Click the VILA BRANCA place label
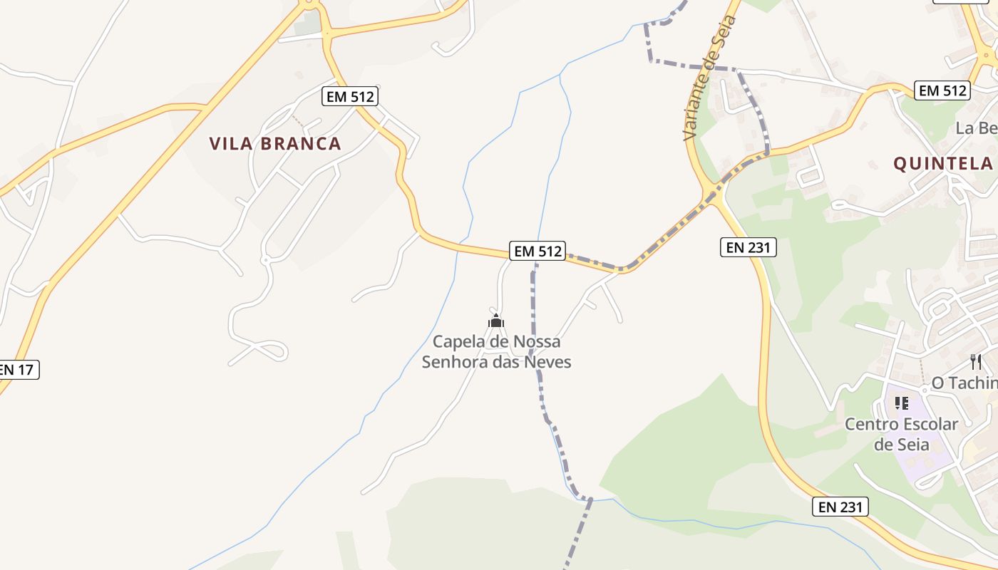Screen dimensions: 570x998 275,143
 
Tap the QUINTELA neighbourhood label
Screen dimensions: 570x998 943,164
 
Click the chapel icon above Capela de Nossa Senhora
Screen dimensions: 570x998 496,321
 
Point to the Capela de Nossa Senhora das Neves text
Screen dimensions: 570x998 496,352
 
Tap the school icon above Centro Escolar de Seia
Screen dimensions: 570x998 902,403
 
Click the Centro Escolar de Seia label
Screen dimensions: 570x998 902,434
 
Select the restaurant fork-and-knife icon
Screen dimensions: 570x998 976,362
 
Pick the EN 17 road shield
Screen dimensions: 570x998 17,369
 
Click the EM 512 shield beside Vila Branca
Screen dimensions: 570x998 349,96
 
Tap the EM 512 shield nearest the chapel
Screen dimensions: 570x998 537,251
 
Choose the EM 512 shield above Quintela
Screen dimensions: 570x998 942,90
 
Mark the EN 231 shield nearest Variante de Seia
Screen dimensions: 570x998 747,247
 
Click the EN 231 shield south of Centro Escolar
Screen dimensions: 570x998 840,507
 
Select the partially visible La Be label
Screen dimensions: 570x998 976,128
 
